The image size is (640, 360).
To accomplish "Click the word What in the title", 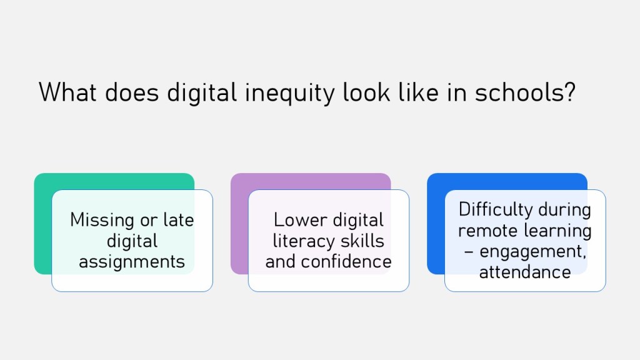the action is (67, 92).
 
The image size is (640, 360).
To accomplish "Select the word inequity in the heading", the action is (290, 94).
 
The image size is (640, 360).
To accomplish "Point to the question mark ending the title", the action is (570, 92).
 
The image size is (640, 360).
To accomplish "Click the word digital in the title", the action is (202, 94).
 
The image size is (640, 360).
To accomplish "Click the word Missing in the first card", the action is (102, 221).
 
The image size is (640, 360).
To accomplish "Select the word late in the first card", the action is (178, 219).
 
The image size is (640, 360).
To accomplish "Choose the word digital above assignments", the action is (132, 242).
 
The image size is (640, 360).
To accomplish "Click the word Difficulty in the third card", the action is (496, 211).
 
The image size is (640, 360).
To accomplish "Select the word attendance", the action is (525, 272).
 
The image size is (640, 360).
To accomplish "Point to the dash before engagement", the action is (469, 252).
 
